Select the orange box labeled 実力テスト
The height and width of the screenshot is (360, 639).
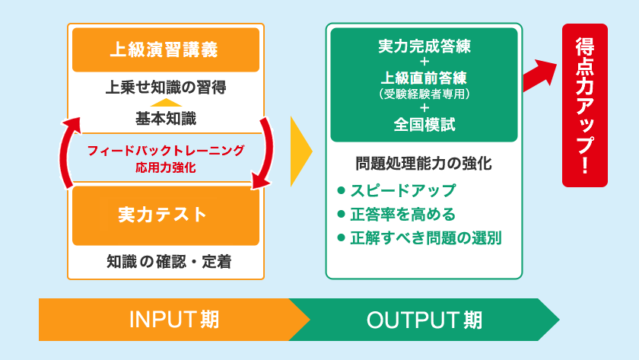[x=166, y=215]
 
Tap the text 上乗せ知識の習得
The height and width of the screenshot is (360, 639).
[x=166, y=86]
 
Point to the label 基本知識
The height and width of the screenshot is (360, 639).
[x=166, y=118]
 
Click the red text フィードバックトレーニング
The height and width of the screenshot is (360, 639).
[x=165, y=150]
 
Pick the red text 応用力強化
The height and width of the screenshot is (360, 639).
[x=165, y=167]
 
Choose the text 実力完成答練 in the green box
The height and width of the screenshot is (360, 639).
[x=424, y=46]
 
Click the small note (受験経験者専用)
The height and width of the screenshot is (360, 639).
[x=424, y=94]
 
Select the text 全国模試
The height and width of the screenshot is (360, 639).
[x=424, y=125]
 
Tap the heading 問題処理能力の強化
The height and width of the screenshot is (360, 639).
[x=424, y=163]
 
